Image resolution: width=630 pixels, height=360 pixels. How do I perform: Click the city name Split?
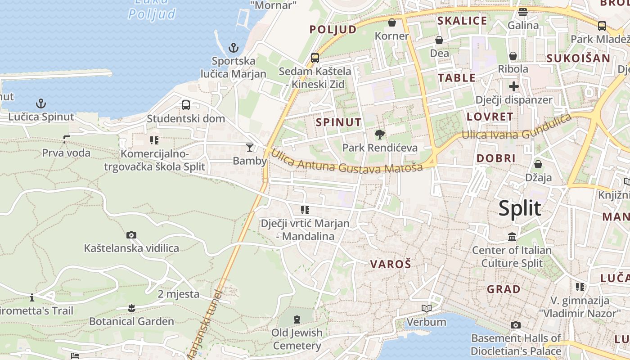[x=520, y=209]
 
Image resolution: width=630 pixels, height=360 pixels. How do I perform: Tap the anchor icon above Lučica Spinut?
[x=41, y=104]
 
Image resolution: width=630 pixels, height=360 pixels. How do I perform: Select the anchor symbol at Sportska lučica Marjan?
[x=233, y=47]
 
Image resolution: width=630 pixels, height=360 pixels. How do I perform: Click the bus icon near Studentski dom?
[x=185, y=105]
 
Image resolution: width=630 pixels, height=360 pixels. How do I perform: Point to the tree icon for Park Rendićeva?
[x=379, y=134]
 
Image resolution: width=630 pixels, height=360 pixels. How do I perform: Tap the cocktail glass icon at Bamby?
[x=249, y=147]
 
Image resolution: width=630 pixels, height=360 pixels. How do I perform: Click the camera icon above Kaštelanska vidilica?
[x=131, y=235]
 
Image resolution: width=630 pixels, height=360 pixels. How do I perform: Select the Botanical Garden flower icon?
[x=131, y=308]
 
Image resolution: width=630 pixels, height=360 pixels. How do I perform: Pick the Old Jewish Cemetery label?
[x=297, y=339]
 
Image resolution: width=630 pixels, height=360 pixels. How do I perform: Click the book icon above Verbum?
[x=426, y=309]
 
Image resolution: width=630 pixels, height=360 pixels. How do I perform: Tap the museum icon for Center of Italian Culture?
[x=512, y=237]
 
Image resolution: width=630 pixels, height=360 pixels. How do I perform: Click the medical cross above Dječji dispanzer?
[x=513, y=86]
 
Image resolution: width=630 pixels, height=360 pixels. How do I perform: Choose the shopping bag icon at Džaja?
[x=538, y=164]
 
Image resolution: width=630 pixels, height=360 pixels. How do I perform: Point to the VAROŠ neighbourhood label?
[x=391, y=264]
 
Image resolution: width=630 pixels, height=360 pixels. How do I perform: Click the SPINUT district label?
[x=338, y=122]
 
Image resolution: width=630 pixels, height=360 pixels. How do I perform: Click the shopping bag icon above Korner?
[x=392, y=22]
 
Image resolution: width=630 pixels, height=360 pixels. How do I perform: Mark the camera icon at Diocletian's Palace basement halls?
[x=516, y=325]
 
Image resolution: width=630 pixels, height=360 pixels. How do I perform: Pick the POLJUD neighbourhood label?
[x=333, y=30]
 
